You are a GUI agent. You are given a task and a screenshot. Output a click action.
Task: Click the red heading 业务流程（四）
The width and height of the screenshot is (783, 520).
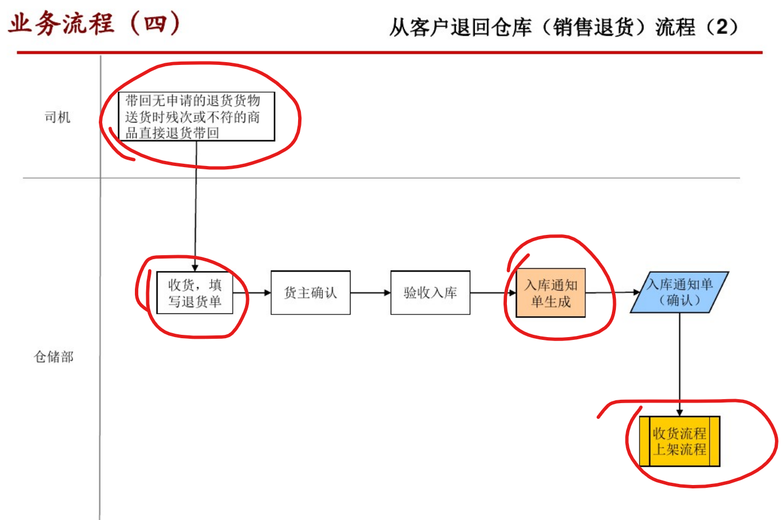tap(94, 24)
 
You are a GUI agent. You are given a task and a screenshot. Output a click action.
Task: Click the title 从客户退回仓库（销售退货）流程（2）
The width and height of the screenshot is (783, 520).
tap(563, 27)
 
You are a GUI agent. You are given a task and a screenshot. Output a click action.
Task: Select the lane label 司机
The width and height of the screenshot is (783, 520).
tap(58, 117)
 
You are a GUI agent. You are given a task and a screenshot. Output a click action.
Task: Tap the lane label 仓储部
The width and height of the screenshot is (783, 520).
tap(54, 357)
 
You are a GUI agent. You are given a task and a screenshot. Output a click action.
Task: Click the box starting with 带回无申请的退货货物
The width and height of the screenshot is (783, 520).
tap(196, 117)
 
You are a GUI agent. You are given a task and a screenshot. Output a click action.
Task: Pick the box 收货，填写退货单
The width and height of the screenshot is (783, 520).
tap(195, 293)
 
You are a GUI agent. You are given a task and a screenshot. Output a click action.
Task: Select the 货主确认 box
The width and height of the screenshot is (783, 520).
tap(310, 292)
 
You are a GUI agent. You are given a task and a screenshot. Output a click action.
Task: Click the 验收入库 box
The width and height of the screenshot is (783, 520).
tap(430, 292)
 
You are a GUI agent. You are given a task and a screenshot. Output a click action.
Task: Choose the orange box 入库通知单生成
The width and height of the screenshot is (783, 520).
tap(550, 293)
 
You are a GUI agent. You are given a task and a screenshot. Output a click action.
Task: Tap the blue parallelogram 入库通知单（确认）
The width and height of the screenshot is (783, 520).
tap(679, 292)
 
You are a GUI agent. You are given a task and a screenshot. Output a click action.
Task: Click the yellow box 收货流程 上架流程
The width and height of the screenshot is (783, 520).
tap(679, 442)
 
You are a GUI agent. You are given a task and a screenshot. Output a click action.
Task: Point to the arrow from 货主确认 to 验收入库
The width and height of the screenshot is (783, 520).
tap(370, 292)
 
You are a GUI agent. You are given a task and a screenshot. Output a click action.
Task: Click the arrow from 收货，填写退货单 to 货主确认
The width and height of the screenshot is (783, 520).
tap(252, 292)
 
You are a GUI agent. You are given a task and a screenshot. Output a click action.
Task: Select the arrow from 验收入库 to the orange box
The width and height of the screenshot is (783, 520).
tap(493, 292)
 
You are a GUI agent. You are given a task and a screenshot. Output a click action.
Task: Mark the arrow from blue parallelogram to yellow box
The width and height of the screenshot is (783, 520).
tap(680, 365)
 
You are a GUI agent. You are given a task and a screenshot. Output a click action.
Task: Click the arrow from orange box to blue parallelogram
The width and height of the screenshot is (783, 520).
tap(613, 292)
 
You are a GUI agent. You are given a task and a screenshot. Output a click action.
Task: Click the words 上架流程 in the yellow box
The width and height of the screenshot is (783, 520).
tap(680, 449)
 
